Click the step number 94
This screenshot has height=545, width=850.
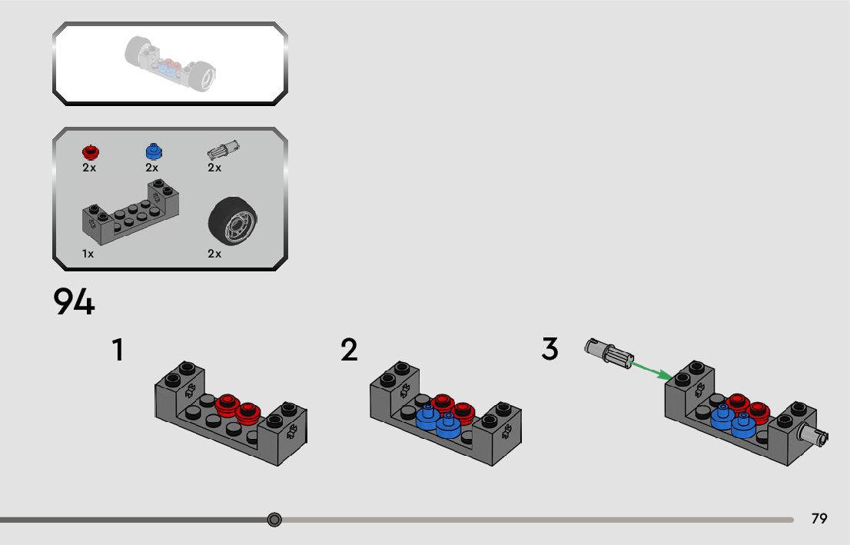point(74,302)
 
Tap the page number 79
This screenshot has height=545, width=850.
point(819,519)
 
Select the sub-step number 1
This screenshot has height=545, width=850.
point(118,350)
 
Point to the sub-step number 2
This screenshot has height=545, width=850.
point(349,350)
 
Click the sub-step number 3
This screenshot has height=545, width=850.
point(550,349)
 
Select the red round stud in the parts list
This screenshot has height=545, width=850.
point(91,151)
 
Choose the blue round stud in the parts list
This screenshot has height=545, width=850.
point(153,151)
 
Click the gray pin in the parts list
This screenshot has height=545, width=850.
point(224,149)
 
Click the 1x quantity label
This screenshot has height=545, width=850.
point(88,254)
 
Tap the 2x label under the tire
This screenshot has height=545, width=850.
point(214,254)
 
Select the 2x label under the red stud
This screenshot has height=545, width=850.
point(89,168)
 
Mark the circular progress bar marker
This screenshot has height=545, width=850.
point(274,520)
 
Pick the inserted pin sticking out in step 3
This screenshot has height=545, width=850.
point(815,435)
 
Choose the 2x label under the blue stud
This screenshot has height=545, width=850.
point(151,168)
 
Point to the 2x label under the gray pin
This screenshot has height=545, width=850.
point(214,168)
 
